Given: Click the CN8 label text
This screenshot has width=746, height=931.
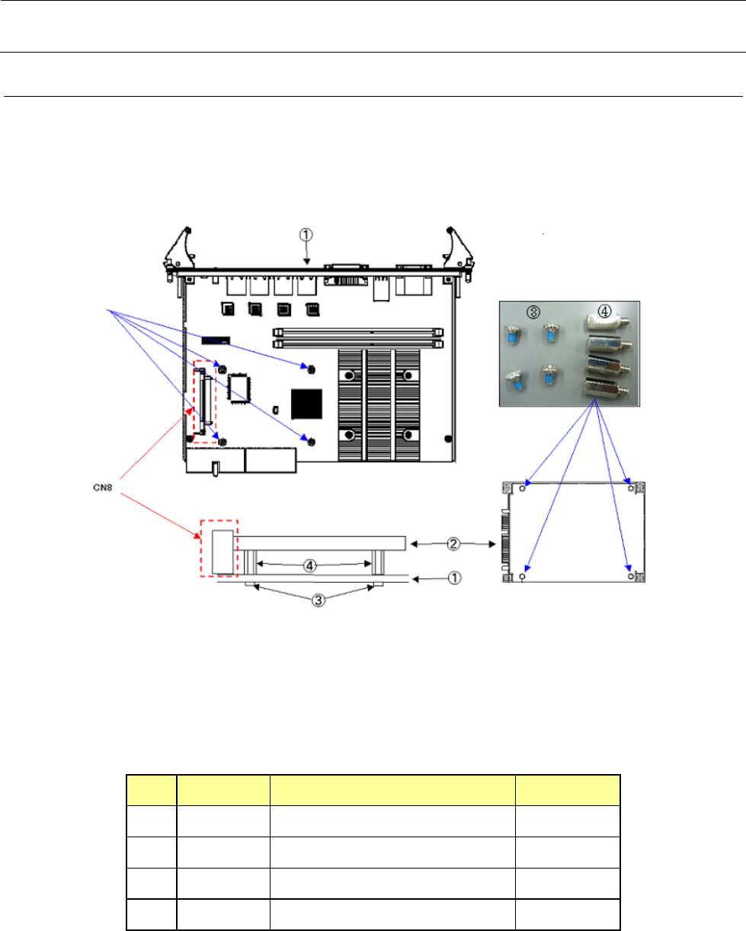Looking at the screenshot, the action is click(x=103, y=488).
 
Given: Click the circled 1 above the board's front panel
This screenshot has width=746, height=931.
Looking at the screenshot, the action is click(x=306, y=235).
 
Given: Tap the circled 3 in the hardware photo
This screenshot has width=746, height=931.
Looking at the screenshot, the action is click(x=533, y=312).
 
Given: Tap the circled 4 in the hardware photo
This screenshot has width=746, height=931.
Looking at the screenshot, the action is click(x=604, y=311).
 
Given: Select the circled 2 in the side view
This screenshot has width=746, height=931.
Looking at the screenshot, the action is click(x=453, y=544).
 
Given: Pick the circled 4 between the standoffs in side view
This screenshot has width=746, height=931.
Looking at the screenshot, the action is click(x=310, y=565).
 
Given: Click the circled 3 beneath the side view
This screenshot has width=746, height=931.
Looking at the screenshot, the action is click(x=319, y=600).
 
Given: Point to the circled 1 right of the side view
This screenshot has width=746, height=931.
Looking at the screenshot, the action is click(x=454, y=578).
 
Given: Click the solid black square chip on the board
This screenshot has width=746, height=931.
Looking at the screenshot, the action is click(x=306, y=404).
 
